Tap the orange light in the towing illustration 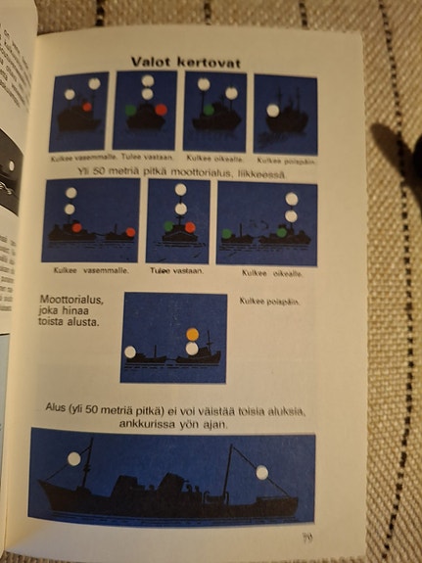(x=191, y=334)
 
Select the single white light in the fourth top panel (x=272, y=111)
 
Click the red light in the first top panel (x=87, y=106)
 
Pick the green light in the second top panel (x=129, y=110)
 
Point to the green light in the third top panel (x=209, y=111)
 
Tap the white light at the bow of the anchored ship (x=72, y=458)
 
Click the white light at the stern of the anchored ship (x=262, y=473)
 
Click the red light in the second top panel (x=161, y=110)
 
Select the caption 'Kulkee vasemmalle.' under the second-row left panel (x=82, y=269)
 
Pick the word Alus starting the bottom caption (x=56, y=407)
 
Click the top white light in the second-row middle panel (x=179, y=190)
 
